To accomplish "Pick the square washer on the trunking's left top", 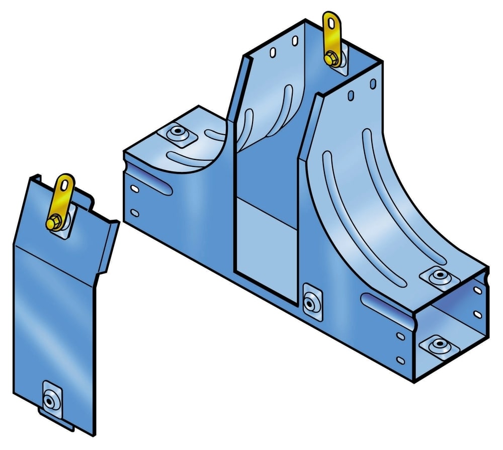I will (x=177, y=134).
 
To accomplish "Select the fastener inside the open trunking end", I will (x=436, y=345).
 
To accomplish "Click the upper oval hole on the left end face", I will (x=134, y=189).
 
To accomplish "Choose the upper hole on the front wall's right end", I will (x=400, y=335).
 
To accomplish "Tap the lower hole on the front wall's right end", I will (x=400, y=359).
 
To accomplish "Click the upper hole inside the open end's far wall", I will (x=475, y=291).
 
